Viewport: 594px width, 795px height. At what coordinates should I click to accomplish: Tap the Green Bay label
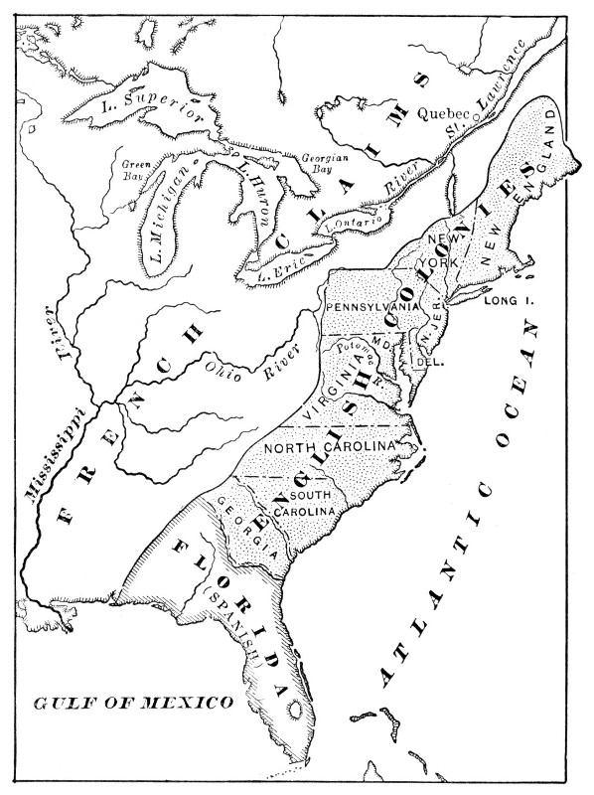pyautogui.click(x=134, y=168)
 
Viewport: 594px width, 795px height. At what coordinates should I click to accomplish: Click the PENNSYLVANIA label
pyautogui.click(x=371, y=306)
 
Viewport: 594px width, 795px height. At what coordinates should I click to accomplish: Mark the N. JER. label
pyautogui.click(x=428, y=332)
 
